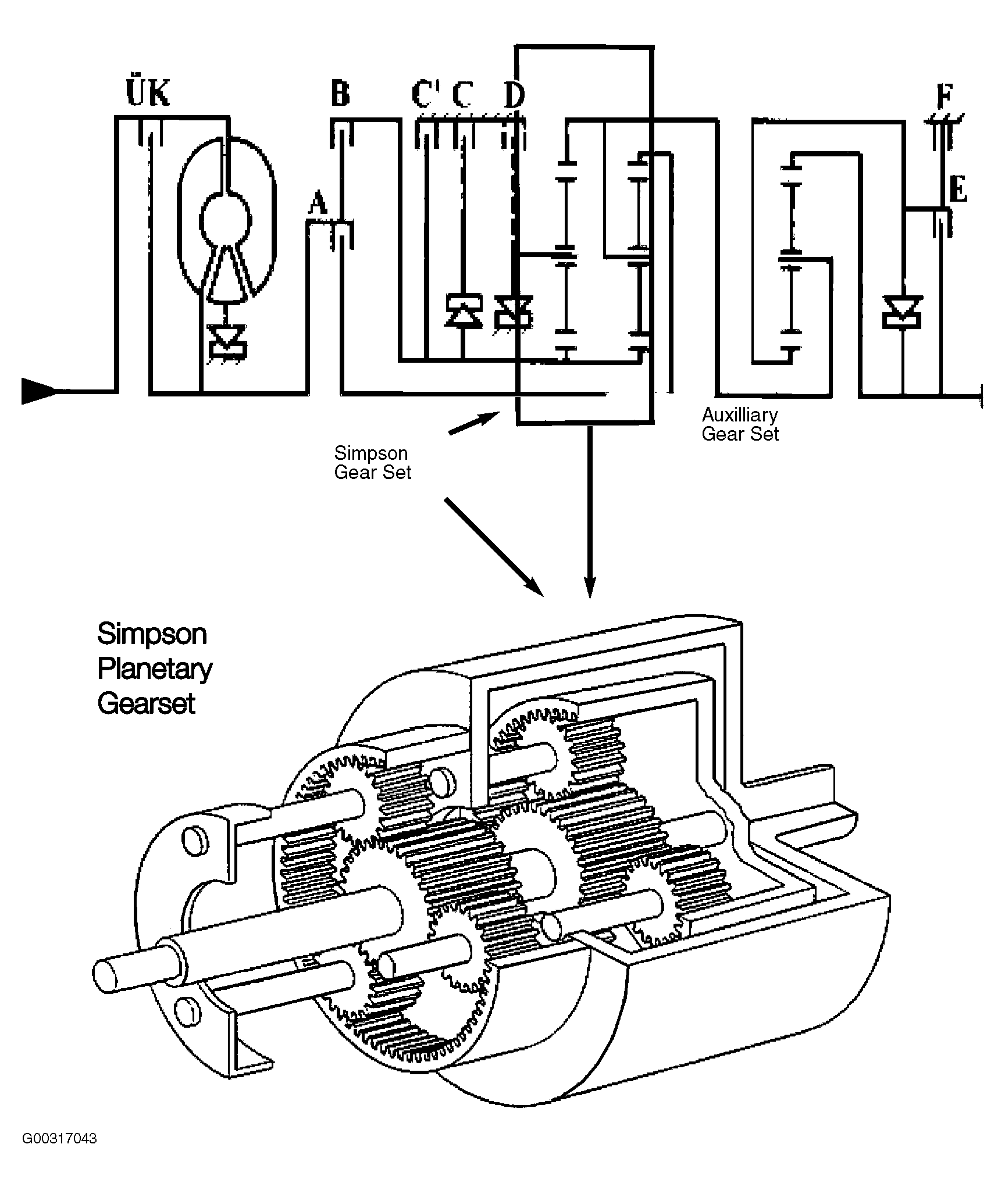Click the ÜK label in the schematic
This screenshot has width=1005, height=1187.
pyautogui.click(x=148, y=92)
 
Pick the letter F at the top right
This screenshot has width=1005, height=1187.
pyautogui.click(x=945, y=96)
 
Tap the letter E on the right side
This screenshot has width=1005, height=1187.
pyautogui.click(x=958, y=189)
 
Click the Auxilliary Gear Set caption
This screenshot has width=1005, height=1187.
pyautogui.click(x=740, y=424)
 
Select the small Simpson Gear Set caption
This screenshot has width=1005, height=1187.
pyautogui.click(x=372, y=462)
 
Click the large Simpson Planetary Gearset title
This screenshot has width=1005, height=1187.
pyautogui.click(x=154, y=668)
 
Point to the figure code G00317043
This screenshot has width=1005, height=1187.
pyautogui.click(x=59, y=1154)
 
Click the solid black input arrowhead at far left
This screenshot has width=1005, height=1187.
pyautogui.click(x=40, y=390)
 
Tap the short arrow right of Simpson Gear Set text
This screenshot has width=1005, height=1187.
pyautogui.click(x=474, y=423)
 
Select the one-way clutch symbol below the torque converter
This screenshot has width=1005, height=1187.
pyautogui.click(x=227, y=341)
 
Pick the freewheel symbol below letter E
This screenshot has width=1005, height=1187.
pyautogui.click(x=901, y=312)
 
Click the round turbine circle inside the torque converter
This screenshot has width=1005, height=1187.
pyautogui.click(x=226, y=220)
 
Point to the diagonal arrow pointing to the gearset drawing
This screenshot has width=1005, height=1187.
pyautogui.click(x=494, y=547)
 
